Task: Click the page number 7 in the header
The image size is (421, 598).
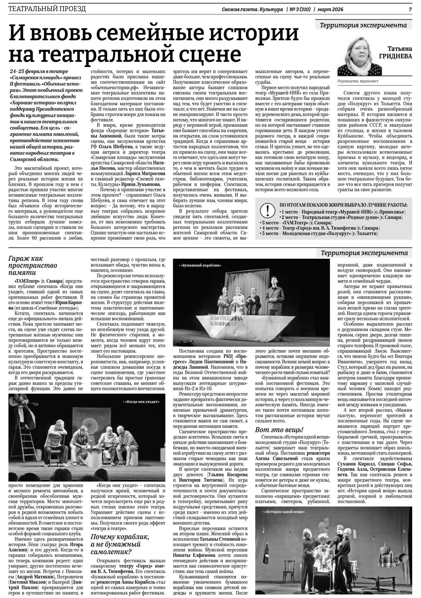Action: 409,9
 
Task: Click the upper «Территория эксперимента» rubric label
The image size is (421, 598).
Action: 363,26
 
